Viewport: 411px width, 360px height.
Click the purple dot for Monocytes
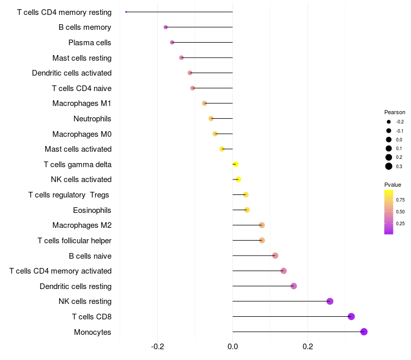tap(364, 332)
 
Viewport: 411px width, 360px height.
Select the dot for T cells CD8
tap(351, 316)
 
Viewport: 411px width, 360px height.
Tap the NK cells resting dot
tap(330, 301)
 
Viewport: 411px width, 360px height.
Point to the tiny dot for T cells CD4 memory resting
tap(126, 12)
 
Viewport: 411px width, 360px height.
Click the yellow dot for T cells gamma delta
tap(235, 164)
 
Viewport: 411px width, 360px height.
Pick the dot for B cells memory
tap(165, 27)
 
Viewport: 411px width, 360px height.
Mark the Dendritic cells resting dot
tap(294, 286)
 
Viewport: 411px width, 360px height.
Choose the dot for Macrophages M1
tap(204, 103)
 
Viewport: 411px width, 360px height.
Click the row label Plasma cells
tap(90, 43)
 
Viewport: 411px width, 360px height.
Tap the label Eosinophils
tap(92, 210)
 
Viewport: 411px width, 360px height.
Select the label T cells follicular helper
tap(74, 240)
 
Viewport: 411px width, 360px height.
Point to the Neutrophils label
tap(92, 119)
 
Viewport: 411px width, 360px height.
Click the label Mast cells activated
tap(78, 149)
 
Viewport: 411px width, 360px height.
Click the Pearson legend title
tap(395, 112)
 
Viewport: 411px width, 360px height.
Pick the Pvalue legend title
tap(393, 185)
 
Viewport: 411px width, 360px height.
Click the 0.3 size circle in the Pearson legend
tap(389, 166)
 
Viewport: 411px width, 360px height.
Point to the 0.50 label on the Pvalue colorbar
tap(400, 211)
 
